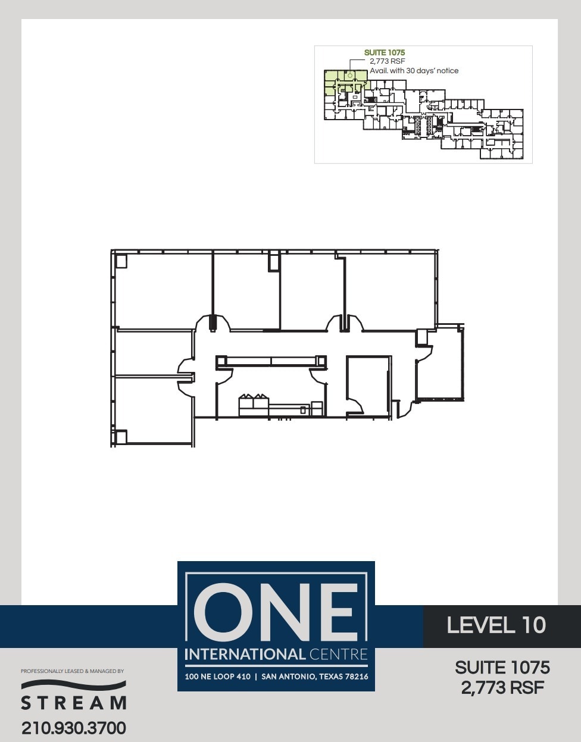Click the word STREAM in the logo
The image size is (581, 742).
[74, 703]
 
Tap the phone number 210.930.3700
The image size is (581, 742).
[74, 728]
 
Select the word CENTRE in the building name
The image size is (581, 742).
[338, 655]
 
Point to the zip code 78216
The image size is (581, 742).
[355, 677]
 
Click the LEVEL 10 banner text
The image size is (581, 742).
[496, 625]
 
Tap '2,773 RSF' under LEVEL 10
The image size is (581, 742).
[502, 688]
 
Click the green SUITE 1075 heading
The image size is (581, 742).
[385, 53]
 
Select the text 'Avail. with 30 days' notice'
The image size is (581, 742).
[414, 71]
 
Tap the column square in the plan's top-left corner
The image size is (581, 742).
[121, 261]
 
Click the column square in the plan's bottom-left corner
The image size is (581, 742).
[121, 437]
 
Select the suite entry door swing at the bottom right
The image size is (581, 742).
[404, 409]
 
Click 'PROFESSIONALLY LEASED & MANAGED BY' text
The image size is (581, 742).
[72, 671]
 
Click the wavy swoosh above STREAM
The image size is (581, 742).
[74, 685]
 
